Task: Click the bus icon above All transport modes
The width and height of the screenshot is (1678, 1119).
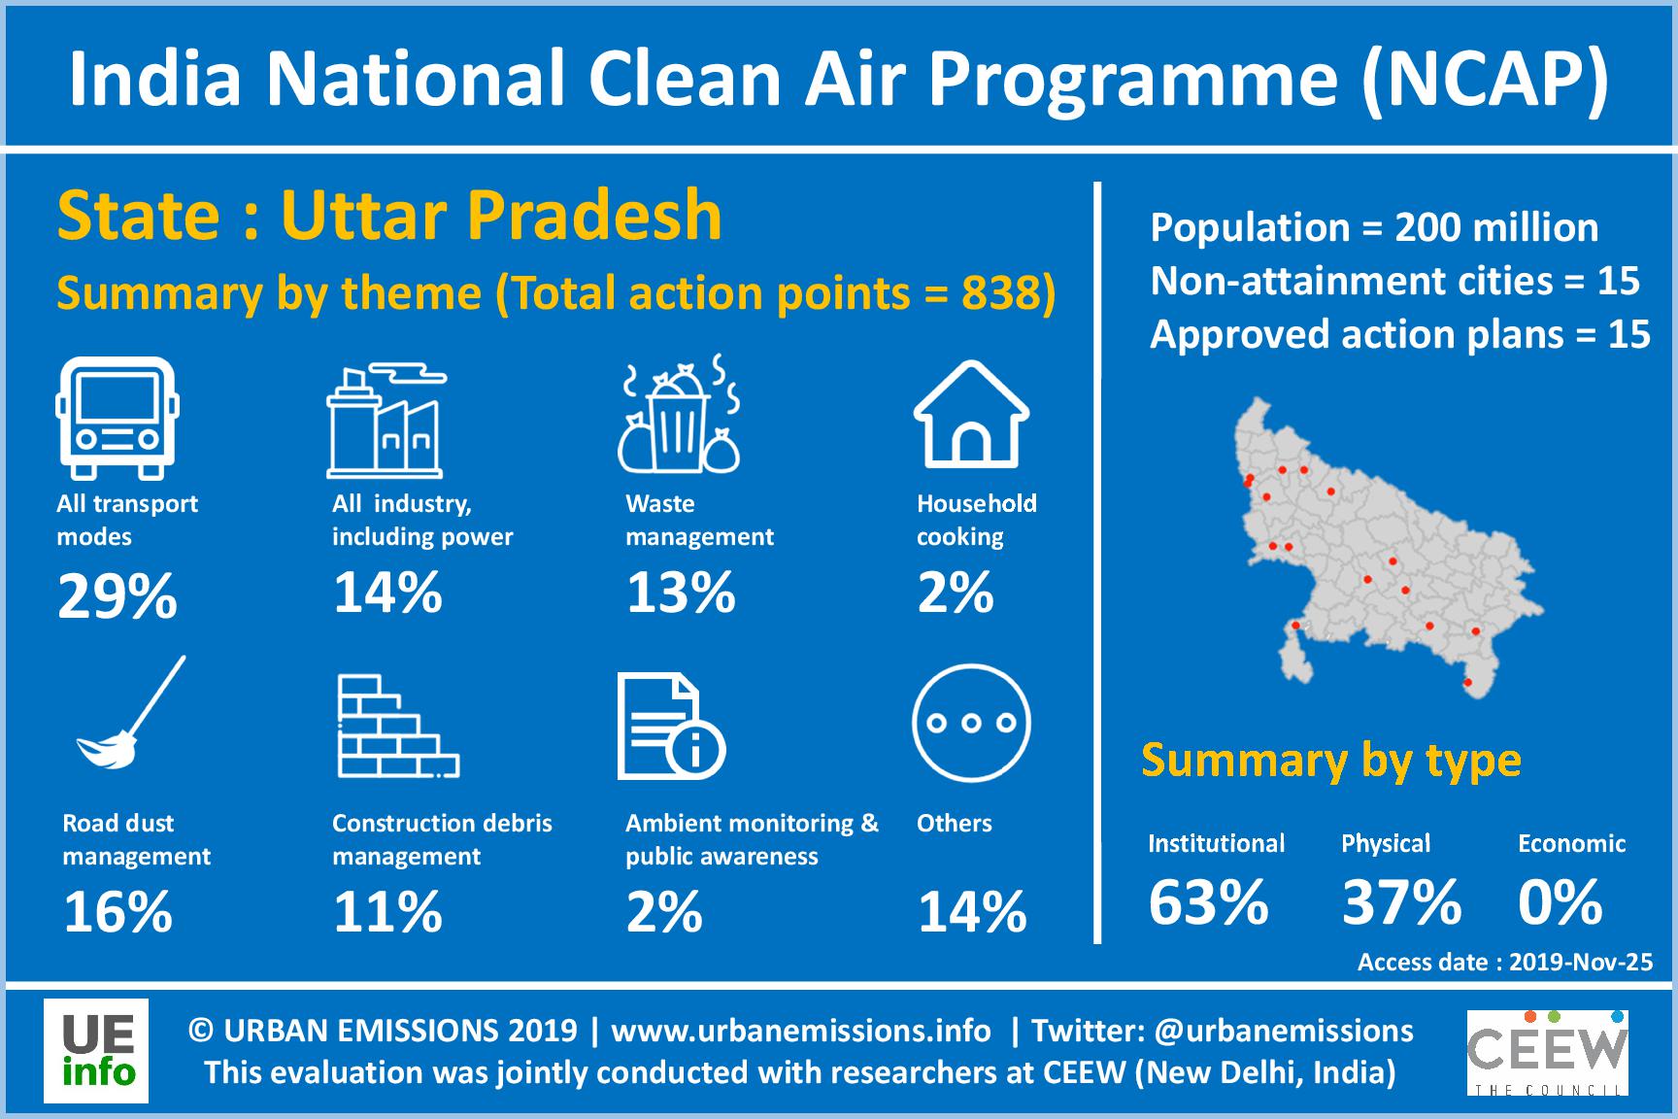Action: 117,418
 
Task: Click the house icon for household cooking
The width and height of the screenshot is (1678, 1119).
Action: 971,415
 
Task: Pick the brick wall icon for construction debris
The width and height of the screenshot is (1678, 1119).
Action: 398,727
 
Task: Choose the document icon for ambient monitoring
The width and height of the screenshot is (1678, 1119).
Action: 671,728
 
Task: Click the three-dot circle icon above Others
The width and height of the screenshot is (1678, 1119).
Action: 971,723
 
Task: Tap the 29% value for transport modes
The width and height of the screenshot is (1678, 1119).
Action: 117,595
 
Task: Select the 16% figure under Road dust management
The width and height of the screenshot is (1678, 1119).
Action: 117,912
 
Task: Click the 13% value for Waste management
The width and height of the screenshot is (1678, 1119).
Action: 681,593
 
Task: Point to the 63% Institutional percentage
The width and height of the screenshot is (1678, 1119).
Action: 1208,902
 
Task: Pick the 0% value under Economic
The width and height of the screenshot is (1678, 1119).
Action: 1560,902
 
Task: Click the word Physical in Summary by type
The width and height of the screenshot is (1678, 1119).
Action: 1386,844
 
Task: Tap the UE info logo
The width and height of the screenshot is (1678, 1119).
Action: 96,1051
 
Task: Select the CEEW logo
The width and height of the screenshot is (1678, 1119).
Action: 1547,1053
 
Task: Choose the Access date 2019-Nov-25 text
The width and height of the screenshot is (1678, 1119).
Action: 1505,963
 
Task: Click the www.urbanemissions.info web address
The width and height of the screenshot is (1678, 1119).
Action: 801,1031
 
